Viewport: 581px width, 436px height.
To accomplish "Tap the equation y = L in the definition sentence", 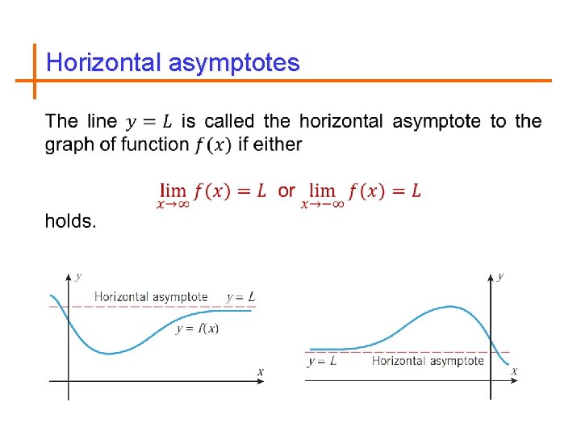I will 148,122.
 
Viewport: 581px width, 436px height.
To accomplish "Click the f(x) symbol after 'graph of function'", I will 213,145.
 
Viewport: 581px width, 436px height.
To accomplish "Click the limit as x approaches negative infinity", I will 361,193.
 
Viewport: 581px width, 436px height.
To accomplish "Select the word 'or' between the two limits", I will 286,191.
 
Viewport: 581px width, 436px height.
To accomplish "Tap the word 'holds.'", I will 70,221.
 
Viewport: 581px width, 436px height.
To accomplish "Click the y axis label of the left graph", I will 78,276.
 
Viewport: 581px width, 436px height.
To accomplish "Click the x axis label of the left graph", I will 260,371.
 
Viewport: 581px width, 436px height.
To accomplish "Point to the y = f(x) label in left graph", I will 197,328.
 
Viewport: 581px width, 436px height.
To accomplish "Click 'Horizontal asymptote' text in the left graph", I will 151,297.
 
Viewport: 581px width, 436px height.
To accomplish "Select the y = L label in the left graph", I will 240,297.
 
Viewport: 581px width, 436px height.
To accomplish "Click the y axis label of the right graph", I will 500,276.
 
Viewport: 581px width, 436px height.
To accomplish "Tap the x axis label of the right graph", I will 514,371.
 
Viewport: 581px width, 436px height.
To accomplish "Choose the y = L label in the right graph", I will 322,361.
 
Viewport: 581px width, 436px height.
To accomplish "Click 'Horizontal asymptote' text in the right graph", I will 428,361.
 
